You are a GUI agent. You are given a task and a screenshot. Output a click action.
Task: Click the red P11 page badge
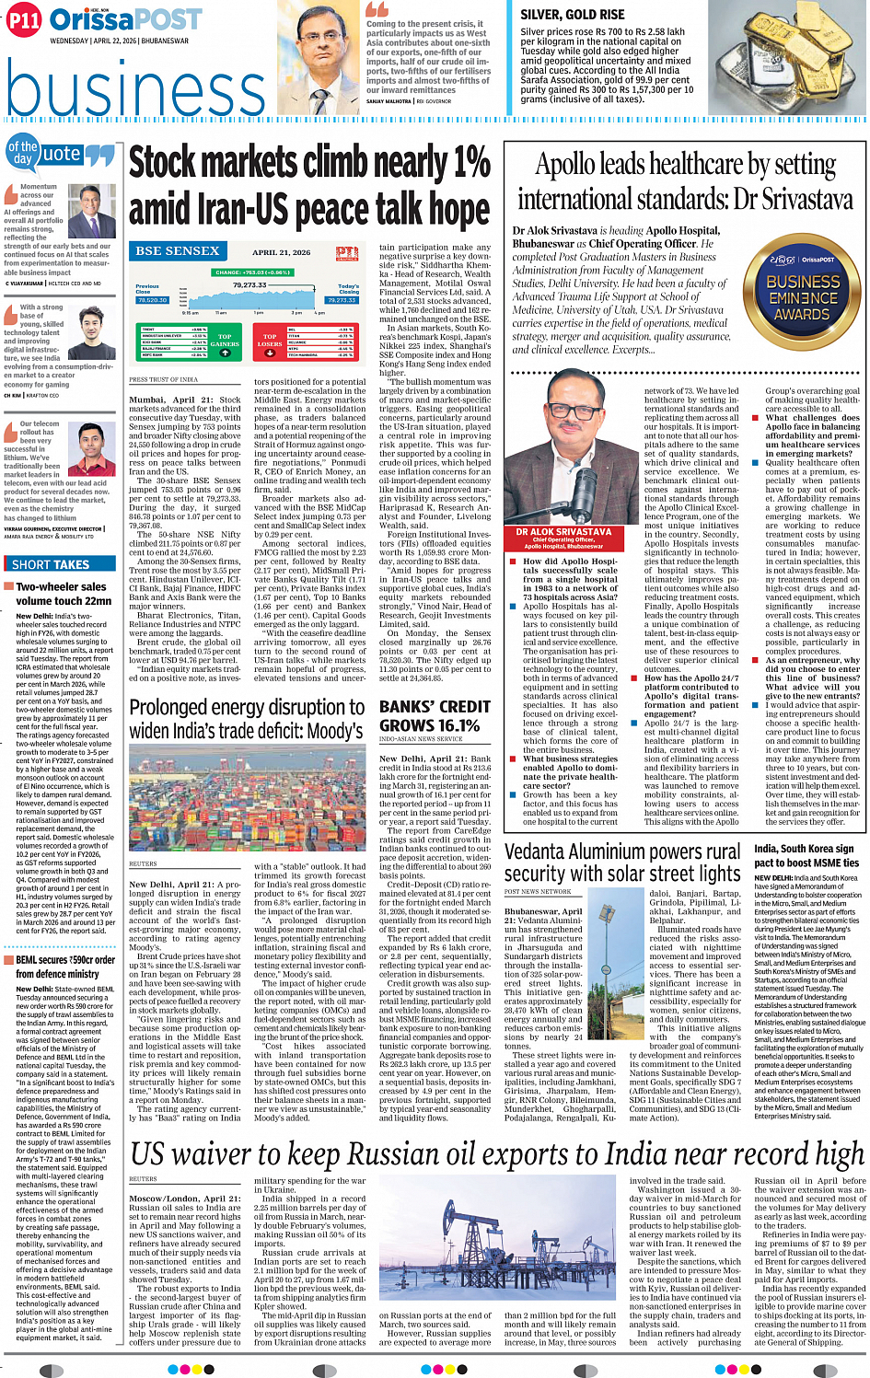24,20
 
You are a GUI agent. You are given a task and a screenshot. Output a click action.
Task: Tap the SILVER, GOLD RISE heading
572,15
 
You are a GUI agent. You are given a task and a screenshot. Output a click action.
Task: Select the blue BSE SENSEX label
178,250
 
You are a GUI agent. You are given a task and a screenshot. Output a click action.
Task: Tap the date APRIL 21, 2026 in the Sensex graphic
281,252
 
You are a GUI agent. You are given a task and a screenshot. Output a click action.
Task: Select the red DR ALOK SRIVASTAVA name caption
564,532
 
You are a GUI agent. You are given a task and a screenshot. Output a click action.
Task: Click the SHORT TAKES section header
51,564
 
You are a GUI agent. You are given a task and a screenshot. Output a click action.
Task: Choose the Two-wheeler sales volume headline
63,593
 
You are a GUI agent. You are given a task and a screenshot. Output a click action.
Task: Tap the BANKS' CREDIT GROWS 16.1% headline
435,716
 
